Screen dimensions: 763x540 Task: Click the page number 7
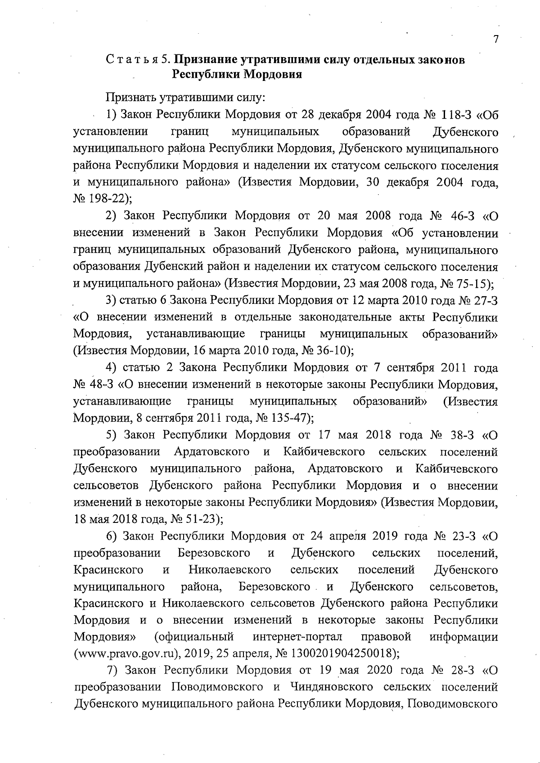pyautogui.click(x=495, y=39)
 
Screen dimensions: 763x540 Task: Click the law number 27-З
pyautogui.click(x=482, y=300)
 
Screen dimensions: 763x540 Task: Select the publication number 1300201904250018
pyautogui.click(x=345, y=653)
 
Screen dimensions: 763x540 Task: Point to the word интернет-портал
pyautogui.click(x=297, y=637)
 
